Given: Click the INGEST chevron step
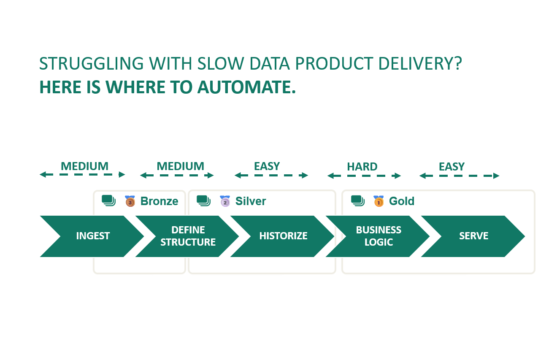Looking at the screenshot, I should click(93, 236).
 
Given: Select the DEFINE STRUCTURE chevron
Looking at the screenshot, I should click(188, 236).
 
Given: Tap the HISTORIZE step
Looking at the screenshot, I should click(283, 236).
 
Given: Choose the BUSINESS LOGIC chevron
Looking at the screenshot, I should click(379, 236).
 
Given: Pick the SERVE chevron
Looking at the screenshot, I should click(473, 236).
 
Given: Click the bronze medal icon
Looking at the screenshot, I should click(130, 201).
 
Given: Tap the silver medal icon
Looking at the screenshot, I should click(225, 201).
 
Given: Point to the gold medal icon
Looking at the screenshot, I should click(379, 201).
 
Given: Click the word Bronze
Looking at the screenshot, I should click(159, 201).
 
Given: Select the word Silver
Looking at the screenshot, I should click(251, 201).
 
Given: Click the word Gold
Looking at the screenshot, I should click(402, 201).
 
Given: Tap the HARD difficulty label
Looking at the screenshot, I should click(362, 167).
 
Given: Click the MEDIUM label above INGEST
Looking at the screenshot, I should click(84, 166).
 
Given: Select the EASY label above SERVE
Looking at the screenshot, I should click(452, 167).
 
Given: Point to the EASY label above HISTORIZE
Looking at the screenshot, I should click(267, 166).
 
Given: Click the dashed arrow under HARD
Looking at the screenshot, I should click(364, 176).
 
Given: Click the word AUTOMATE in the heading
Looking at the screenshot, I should click(247, 87).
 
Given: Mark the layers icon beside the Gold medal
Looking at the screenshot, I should click(358, 201).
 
